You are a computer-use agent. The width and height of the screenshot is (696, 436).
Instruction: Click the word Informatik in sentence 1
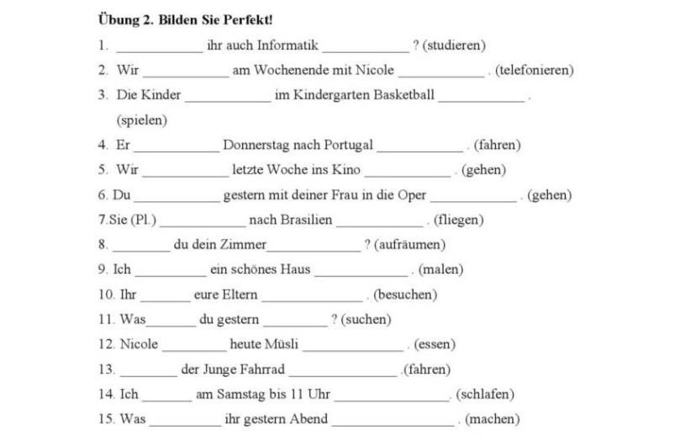tap(287, 45)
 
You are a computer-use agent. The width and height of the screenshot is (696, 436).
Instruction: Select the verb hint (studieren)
tap(454, 45)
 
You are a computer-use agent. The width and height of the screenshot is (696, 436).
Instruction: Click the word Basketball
tap(398, 94)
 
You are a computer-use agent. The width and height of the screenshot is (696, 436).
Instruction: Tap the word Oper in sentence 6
tap(411, 194)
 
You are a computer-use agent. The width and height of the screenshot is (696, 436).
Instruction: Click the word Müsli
tap(282, 344)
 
